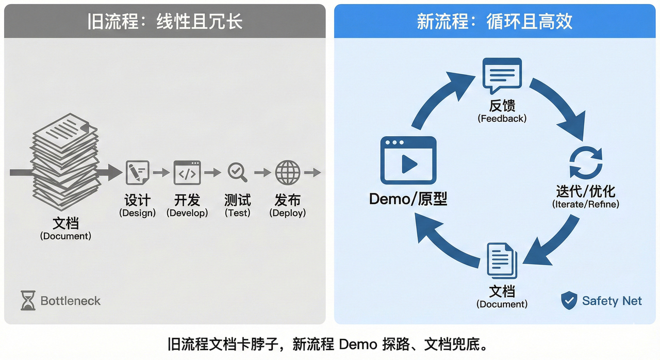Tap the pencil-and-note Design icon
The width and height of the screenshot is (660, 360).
(137, 172)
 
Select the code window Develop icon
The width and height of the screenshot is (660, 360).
(187, 172)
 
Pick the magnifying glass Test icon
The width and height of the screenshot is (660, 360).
(237, 172)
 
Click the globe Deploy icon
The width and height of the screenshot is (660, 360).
(287, 172)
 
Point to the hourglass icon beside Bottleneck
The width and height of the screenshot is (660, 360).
(28, 301)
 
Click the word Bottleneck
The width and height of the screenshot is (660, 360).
(71, 301)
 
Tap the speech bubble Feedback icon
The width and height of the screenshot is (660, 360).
(502, 75)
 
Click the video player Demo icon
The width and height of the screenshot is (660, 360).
(408, 160)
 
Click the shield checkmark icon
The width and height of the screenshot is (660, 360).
(569, 300)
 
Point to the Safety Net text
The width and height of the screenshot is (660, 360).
(612, 301)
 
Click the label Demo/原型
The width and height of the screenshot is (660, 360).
(408, 199)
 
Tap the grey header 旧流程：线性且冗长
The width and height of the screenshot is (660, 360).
(164, 22)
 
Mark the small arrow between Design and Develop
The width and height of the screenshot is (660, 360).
(161, 172)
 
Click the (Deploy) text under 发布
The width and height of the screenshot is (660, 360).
(287, 213)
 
